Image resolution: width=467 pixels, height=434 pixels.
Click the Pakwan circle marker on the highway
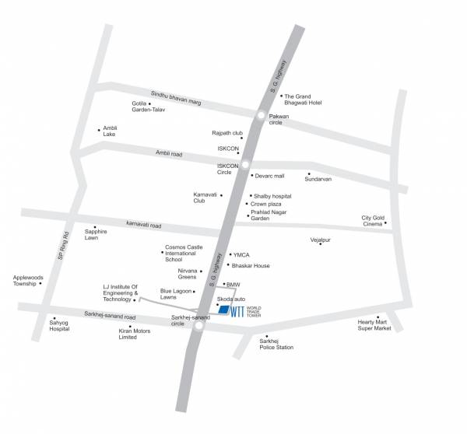tap(261, 116)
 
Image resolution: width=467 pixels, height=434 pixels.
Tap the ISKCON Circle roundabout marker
tap(245, 164)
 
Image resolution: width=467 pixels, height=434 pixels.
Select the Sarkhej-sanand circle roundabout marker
tap(199, 327)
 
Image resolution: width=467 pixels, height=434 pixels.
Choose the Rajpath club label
tap(227, 133)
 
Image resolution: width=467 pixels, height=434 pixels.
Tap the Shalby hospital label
tap(272, 196)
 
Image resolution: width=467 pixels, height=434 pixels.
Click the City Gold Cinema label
tap(373, 221)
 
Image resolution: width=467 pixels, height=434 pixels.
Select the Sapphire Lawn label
tap(96, 234)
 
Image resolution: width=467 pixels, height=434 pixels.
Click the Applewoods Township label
tap(25, 280)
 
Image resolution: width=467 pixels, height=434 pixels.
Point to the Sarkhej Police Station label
tap(276, 344)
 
